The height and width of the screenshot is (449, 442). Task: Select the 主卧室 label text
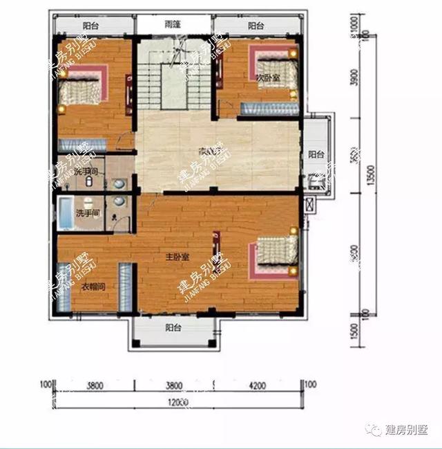(x=176, y=257)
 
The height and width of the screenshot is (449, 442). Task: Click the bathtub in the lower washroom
(x=65, y=214)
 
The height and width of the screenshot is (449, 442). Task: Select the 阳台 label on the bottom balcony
(x=173, y=329)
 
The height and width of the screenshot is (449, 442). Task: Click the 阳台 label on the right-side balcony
(x=316, y=154)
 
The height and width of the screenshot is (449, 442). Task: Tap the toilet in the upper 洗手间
(x=93, y=181)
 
